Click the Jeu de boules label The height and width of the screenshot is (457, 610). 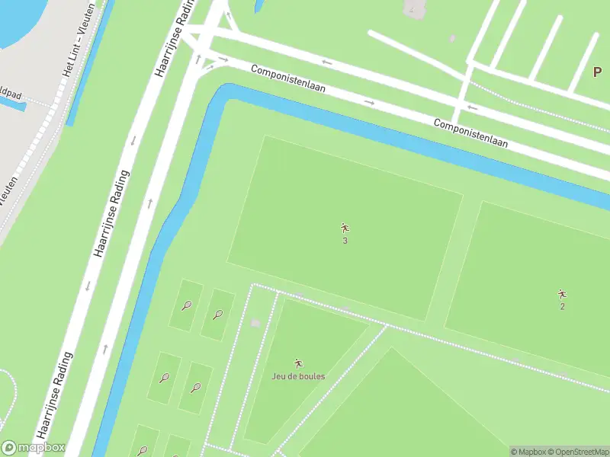coord(298,376)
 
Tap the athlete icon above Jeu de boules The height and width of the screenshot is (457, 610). coord(298,363)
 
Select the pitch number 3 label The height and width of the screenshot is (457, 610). coord(345,241)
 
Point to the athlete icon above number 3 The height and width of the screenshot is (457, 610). coord(345,227)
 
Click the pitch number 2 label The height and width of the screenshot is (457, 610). coord(562,307)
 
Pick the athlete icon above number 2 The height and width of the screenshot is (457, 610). coord(562,294)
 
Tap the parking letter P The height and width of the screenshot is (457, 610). coord(599,72)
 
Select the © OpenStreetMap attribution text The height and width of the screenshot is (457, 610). coord(576,452)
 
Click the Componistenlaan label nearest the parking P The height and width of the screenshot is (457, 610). coord(470,133)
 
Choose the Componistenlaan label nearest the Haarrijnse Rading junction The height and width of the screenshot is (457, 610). coord(288,78)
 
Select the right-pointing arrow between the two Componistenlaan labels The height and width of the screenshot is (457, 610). coord(369,102)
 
